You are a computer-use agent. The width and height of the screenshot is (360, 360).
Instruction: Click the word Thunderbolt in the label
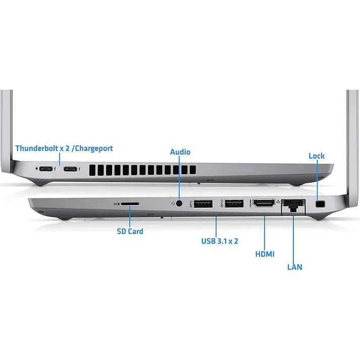click(x=37, y=148)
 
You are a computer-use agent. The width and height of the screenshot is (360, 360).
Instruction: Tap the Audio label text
click(x=180, y=152)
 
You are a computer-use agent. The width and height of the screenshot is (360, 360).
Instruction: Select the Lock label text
click(x=317, y=156)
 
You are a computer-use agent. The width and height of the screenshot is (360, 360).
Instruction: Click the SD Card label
click(x=130, y=231)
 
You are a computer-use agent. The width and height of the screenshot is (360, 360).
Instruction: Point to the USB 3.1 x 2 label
click(x=220, y=241)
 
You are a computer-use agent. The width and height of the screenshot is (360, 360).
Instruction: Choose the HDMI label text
click(x=265, y=254)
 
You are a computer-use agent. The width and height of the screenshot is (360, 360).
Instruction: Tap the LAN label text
click(x=294, y=267)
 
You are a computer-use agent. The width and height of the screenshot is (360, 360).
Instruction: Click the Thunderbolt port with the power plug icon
click(x=46, y=169)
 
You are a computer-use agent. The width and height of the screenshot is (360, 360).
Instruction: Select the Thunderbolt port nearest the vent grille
click(x=71, y=169)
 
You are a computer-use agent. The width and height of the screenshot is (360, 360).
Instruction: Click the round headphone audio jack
click(x=179, y=203)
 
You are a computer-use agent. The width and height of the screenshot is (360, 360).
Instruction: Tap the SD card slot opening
click(x=130, y=203)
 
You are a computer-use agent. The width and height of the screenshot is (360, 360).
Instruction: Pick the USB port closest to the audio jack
click(x=203, y=203)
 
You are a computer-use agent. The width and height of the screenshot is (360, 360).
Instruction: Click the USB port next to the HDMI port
click(x=234, y=203)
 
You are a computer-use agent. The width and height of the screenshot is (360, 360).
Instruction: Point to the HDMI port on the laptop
click(x=264, y=203)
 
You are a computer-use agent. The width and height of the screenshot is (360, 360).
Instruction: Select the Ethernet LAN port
click(x=293, y=205)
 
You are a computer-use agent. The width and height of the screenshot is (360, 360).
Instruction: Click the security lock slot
click(x=321, y=203)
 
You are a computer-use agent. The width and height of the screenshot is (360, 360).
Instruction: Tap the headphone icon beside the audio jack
click(x=173, y=203)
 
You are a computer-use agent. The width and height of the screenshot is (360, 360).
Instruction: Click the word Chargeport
click(x=94, y=148)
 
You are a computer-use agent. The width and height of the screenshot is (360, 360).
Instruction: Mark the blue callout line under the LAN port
click(x=293, y=238)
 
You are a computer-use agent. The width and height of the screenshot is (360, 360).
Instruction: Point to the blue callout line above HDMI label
click(x=265, y=233)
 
